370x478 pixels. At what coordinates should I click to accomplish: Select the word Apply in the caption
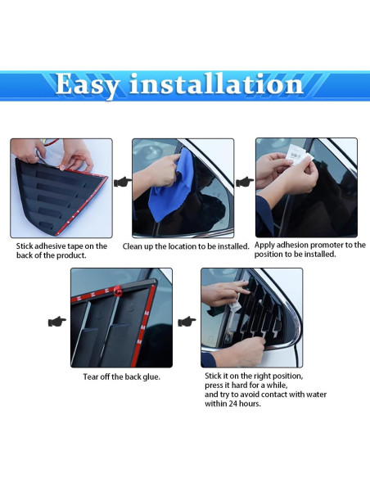(x=265, y=245)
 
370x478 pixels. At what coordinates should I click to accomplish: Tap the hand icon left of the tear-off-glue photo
(x=57, y=321)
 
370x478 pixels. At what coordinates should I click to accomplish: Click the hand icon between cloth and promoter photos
(x=244, y=181)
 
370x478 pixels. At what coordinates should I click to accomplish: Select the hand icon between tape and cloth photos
(x=122, y=181)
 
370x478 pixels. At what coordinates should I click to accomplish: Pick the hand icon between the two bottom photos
(x=187, y=321)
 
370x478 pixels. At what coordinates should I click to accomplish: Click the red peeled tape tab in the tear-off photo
(x=119, y=290)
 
